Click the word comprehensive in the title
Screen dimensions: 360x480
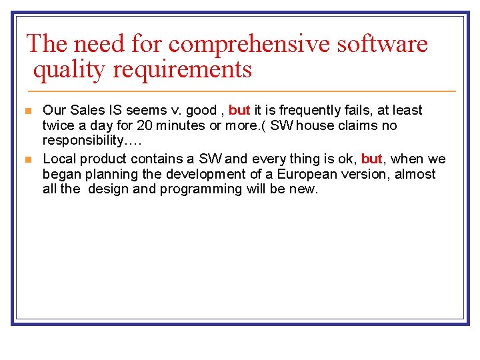coord(250,45)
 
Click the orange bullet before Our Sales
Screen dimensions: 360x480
coord(28,111)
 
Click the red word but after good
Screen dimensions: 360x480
coord(239,110)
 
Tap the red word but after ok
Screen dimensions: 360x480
coord(372,159)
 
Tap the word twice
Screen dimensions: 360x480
coord(58,125)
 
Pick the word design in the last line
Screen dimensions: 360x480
coord(109,189)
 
